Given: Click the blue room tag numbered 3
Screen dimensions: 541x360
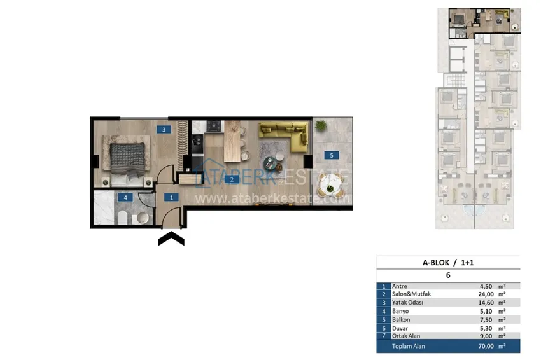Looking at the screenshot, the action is (164, 130).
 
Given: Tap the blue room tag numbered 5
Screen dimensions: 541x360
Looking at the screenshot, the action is (332, 155).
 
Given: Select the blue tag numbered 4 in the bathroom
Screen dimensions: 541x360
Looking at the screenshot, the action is (125, 198).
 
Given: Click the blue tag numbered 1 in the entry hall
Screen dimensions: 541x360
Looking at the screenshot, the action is (171, 197).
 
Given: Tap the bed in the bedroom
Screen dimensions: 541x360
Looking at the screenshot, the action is (127, 162).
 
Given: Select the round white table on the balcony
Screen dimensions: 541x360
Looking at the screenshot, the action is (330, 186).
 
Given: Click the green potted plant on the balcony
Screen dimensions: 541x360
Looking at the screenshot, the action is (321, 126).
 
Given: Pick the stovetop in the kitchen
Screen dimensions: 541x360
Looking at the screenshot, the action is (214, 126).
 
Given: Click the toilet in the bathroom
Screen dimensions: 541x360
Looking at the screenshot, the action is (122, 218).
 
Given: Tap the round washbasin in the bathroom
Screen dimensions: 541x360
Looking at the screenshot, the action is (142, 218).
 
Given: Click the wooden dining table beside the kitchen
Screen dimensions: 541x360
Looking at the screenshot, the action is (232, 141).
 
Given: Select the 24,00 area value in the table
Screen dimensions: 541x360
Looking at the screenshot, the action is (486, 294).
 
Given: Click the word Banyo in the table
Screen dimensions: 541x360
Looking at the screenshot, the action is (400, 311).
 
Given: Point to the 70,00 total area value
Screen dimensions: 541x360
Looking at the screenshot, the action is (486, 346).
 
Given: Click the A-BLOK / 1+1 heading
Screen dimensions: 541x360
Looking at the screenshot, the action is (448, 263).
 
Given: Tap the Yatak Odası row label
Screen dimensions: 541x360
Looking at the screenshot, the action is (407, 302).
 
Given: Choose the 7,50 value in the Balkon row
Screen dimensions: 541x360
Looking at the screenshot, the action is (486, 320).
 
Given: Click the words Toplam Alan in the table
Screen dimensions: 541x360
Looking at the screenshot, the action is (409, 346).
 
